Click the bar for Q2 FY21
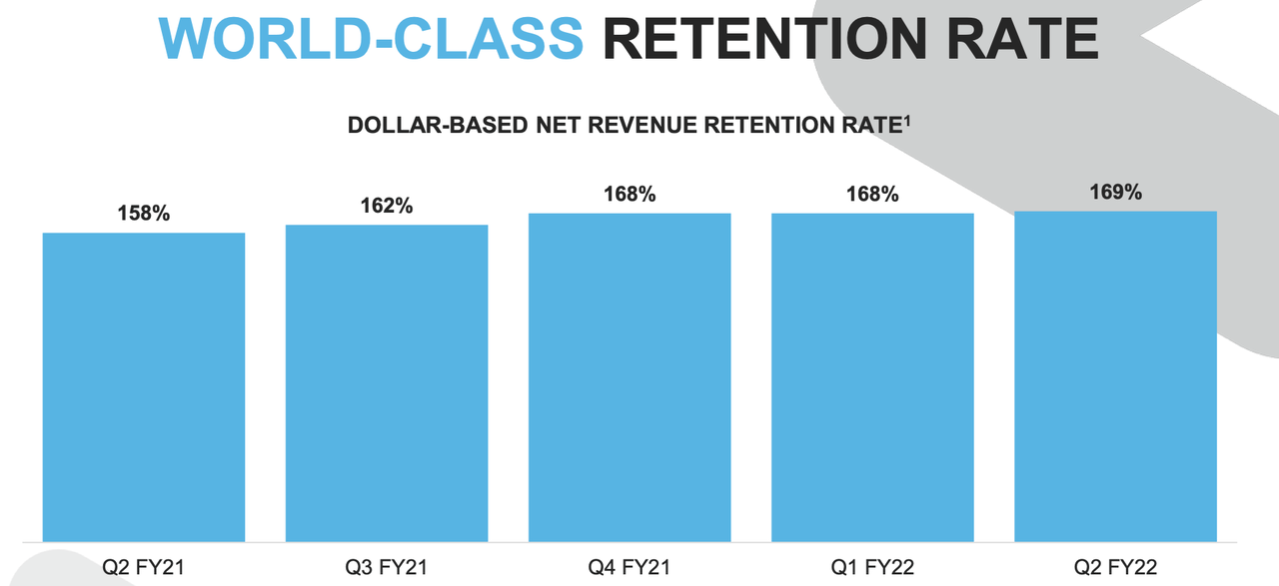click(144, 387)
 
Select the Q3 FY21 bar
click(387, 383)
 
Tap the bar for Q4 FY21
click(630, 377)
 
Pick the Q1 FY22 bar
click(872, 377)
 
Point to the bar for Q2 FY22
click(1116, 376)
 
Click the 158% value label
click(144, 214)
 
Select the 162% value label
click(387, 206)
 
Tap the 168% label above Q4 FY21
click(630, 194)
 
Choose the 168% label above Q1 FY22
click(872, 194)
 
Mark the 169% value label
click(1116, 192)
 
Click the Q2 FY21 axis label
click(143, 567)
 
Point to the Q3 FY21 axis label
click(387, 567)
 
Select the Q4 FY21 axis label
click(630, 567)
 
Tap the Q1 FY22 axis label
click(872, 567)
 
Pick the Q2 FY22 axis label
click(1116, 567)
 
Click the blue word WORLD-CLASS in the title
click(371, 38)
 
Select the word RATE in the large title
click(1022, 38)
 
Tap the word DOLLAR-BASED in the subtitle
click(438, 125)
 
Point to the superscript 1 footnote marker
click(907, 121)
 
